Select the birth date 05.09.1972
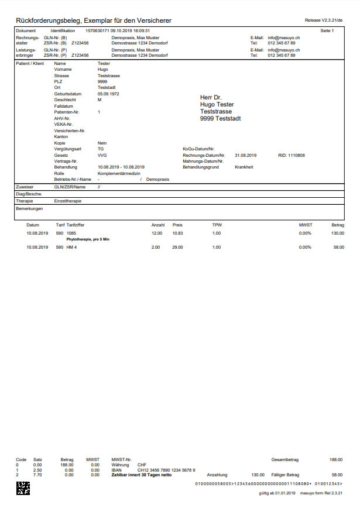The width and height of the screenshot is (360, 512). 109,94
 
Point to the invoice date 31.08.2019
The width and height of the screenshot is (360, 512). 246,155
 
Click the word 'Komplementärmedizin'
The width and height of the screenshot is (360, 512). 119,173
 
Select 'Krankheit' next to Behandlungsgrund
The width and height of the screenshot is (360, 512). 244,167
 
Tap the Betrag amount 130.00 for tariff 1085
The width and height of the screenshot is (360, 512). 337,233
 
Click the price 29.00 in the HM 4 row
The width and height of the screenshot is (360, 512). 177,248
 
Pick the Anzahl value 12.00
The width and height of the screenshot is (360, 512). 157,233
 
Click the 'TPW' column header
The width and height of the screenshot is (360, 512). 217,224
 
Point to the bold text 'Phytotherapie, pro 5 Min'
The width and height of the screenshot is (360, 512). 88,239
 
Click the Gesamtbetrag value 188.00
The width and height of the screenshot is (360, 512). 337,459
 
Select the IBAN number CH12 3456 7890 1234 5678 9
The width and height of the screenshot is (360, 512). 166,470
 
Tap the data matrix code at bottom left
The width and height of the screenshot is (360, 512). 22,488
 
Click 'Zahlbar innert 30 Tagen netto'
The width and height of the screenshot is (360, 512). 141,475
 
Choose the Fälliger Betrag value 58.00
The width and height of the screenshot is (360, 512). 337,475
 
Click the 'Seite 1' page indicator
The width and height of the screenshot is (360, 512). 327,30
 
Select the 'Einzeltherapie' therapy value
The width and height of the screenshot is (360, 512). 68,201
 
